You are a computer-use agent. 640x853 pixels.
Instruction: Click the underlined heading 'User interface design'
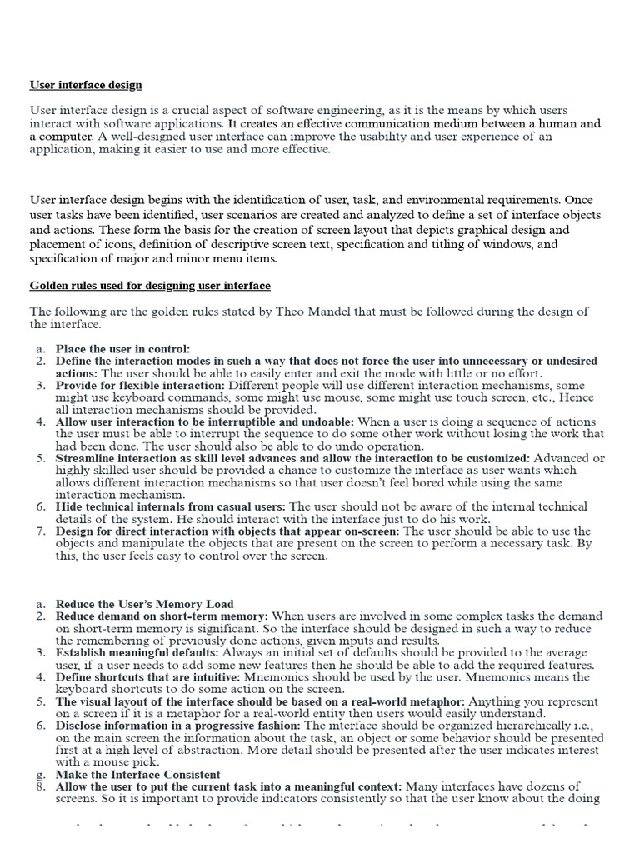(86, 85)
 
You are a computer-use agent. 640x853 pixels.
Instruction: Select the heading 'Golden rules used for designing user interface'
(150, 286)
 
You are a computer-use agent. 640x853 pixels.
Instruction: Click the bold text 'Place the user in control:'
(122, 349)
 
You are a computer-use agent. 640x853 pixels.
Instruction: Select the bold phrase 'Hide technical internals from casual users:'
(170, 506)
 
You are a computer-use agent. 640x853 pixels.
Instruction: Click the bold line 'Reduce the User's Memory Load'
(144, 604)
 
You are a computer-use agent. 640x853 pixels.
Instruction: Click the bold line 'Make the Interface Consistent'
(137, 775)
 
